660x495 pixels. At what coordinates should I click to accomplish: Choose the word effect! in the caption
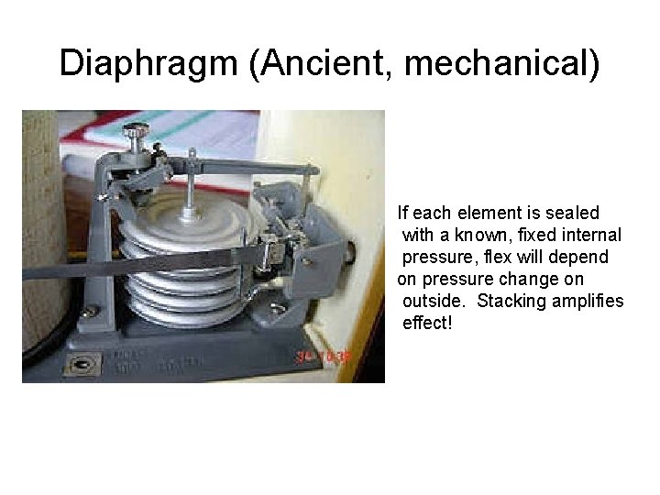[428, 324]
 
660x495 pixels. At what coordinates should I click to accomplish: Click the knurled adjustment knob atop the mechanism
[139, 135]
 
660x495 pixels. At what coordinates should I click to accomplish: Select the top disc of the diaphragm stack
[188, 220]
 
